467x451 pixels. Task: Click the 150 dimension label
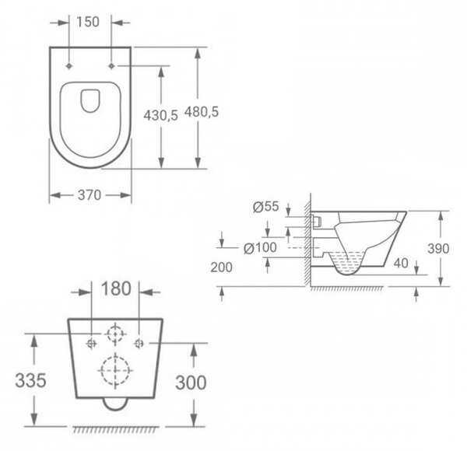(88, 22)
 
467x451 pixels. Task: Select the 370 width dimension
(90, 195)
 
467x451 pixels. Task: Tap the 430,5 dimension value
(161, 115)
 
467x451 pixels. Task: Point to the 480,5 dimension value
(202, 112)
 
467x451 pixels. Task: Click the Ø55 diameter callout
(266, 207)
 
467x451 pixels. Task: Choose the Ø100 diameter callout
(260, 247)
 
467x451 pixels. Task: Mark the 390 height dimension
(438, 249)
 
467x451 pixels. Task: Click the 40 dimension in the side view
(401, 263)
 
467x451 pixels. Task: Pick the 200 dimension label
(221, 267)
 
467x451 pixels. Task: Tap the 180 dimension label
(116, 288)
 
